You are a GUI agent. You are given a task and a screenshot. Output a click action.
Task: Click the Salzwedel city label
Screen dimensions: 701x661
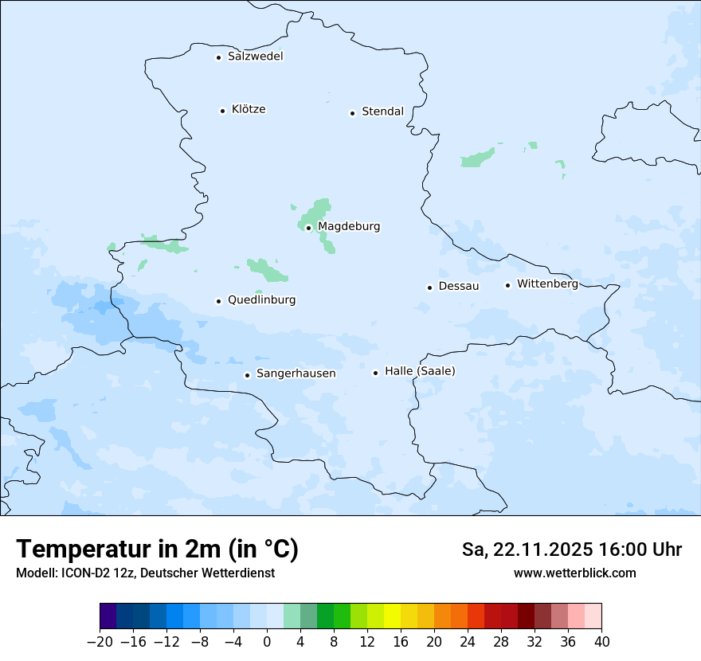pyautogui.click(x=255, y=57)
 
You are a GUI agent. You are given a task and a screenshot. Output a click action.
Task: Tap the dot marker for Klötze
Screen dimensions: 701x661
pyautogui.click(x=223, y=111)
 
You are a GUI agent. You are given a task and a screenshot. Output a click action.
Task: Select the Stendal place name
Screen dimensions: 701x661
pyautogui.click(x=382, y=111)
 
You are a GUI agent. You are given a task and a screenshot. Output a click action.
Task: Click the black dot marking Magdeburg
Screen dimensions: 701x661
pyautogui.click(x=308, y=228)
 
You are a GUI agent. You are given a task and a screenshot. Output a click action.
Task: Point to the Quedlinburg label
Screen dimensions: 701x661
pyautogui.click(x=261, y=300)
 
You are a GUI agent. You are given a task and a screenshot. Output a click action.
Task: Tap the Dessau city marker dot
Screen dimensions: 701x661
pyautogui.click(x=429, y=287)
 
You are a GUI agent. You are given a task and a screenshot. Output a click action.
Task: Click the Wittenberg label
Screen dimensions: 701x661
pyautogui.click(x=547, y=284)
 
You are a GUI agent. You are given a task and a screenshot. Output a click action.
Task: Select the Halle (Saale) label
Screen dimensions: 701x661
pyautogui.click(x=420, y=371)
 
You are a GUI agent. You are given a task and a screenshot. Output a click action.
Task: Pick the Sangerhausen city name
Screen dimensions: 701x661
pyautogui.click(x=296, y=374)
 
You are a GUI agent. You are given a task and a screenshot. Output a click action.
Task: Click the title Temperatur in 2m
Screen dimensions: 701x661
pyautogui.click(x=157, y=549)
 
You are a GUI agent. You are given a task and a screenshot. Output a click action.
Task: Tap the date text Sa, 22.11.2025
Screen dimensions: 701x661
pyautogui.click(x=527, y=550)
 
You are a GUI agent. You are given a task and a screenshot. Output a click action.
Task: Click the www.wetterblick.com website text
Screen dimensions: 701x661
pyautogui.click(x=574, y=573)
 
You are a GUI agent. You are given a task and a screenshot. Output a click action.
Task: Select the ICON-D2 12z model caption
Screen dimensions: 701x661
pyautogui.click(x=145, y=573)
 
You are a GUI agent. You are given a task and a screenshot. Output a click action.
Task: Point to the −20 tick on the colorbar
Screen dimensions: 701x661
pyautogui.click(x=100, y=642)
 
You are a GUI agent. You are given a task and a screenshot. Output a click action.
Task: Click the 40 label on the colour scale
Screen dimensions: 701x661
pyautogui.click(x=601, y=642)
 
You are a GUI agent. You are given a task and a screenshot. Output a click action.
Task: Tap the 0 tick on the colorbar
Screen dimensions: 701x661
pyautogui.click(x=267, y=642)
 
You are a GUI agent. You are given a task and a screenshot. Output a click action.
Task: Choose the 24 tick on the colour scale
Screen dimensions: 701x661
pyautogui.click(x=468, y=642)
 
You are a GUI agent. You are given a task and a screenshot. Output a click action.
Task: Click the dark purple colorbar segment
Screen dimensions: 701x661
pyautogui.click(x=108, y=616)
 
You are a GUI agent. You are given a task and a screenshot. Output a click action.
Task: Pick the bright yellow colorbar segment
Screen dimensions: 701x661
pyautogui.click(x=392, y=616)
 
